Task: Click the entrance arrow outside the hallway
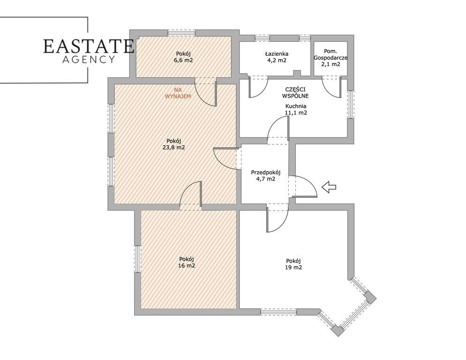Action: coord(329,187)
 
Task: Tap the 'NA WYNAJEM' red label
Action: coord(178,93)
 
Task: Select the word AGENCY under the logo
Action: coord(88,60)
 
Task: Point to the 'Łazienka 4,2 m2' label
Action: coord(277,57)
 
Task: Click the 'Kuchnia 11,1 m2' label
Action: coord(296,109)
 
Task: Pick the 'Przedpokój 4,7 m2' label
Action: coord(266,175)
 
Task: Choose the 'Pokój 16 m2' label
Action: coord(187,262)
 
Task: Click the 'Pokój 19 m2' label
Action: coord(293,264)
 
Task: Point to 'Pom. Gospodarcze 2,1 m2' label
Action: coord(331,58)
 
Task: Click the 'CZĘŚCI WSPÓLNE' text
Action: coord(296,93)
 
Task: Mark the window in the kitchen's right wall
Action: coord(351,104)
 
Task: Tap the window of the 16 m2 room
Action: coord(137,259)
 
